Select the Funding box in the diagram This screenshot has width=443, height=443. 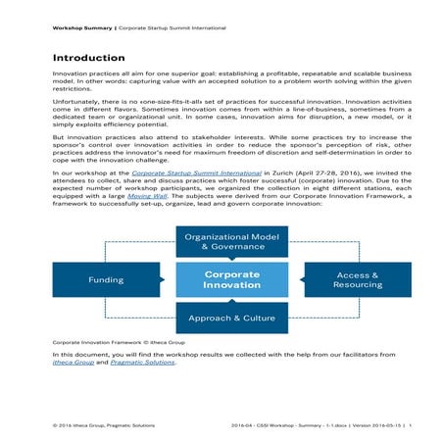click(x=106, y=279)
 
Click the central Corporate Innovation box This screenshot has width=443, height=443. click(x=232, y=279)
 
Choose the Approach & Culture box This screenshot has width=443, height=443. click(x=232, y=319)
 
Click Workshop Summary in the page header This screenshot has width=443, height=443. click(x=82, y=28)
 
